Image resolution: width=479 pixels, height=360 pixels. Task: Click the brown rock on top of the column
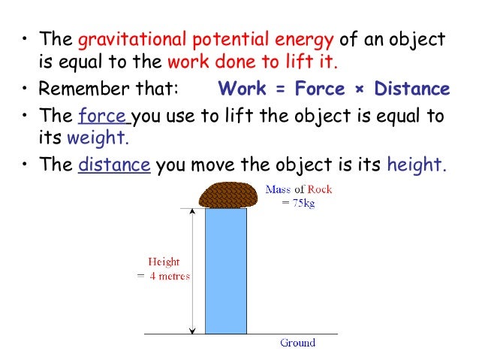225,195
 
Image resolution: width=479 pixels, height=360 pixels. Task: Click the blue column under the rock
225,271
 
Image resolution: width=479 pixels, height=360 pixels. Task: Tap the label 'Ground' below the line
297,343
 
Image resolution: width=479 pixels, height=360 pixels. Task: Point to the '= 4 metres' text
164,276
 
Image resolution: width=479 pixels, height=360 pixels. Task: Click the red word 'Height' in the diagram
164,262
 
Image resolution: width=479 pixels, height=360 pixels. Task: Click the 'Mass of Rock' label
298,189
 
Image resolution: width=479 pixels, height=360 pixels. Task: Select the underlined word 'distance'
115,165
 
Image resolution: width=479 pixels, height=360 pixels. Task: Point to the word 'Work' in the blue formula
239,89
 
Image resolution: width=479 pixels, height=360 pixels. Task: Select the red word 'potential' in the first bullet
219,39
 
